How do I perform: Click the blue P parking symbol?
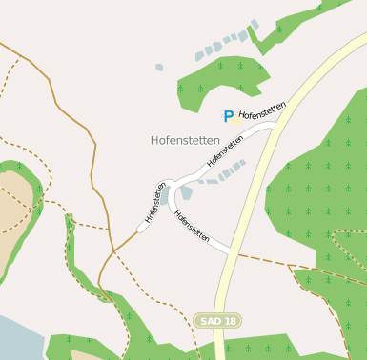(x=228, y=117)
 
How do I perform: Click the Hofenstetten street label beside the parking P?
(x=263, y=110)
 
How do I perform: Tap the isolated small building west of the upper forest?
(x=159, y=68)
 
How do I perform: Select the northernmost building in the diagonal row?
(x=255, y=24)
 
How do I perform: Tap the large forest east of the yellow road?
(x=315, y=190)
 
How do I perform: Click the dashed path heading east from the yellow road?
(x=286, y=264)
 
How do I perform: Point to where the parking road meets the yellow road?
(x=274, y=122)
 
